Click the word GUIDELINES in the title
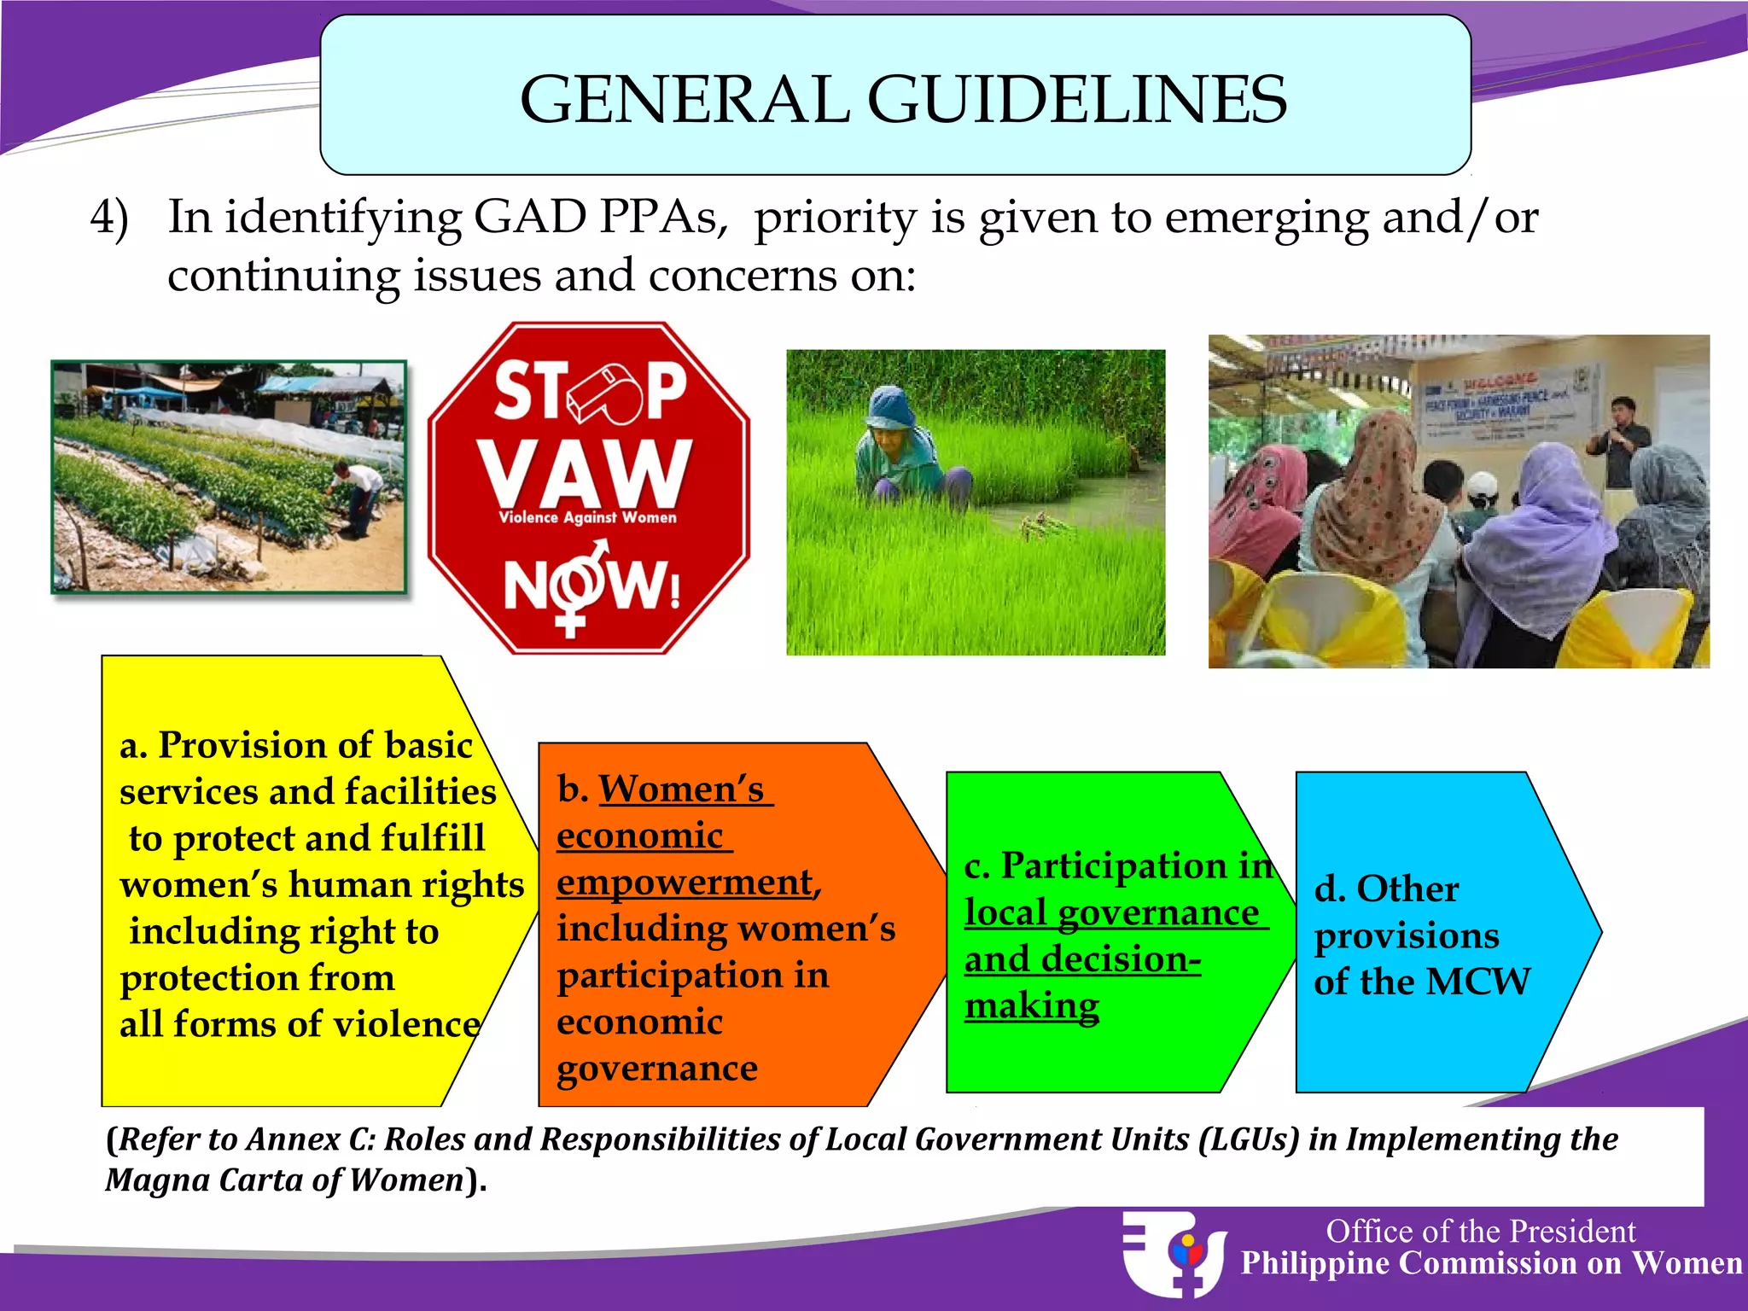click(1077, 100)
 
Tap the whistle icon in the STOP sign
click(607, 393)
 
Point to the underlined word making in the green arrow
click(1032, 1005)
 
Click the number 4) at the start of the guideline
click(110, 218)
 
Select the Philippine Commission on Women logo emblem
click(1174, 1253)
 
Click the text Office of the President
click(1480, 1231)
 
